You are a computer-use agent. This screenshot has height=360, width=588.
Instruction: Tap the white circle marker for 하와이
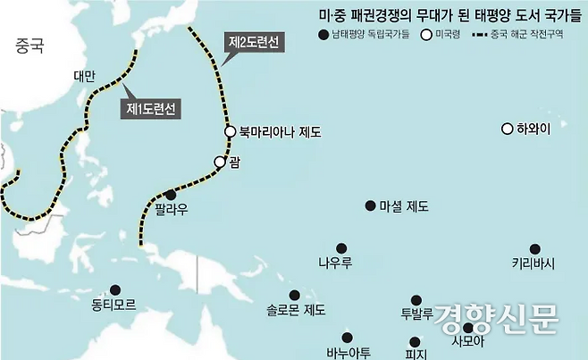click(508, 129)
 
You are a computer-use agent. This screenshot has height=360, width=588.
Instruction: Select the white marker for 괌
click(220, 162)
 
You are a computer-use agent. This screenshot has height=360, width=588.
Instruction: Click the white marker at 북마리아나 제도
click(230, 132)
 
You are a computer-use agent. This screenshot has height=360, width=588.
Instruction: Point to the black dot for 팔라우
click(171, 195)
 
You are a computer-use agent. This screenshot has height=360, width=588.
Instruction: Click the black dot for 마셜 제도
click(370, 205)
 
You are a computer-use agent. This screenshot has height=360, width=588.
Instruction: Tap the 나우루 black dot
click(340, 248)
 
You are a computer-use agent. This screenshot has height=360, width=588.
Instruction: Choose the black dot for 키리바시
click(534, 248)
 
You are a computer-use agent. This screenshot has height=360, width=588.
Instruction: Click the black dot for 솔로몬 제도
click(294, 295)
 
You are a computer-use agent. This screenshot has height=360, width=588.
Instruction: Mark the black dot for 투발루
click(416, 300)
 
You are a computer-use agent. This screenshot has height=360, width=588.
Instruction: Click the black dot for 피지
click(414, 340)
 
